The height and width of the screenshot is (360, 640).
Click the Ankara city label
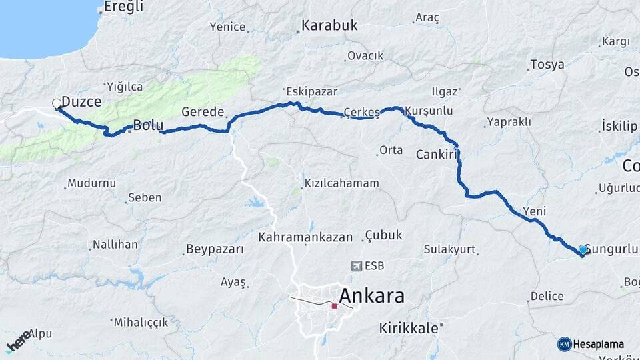click(371, 295)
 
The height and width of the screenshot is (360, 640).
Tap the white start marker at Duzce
click(57, 103)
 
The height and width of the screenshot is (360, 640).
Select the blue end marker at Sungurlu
click(583, 250)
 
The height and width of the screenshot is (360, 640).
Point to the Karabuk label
click(329, 26)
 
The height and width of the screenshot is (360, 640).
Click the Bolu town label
click(148, 125)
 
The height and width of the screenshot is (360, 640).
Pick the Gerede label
click(203, 112)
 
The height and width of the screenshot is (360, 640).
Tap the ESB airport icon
click(355, 266)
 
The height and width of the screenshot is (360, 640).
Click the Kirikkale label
click(409, 328)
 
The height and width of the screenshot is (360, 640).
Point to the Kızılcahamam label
click(341, 183)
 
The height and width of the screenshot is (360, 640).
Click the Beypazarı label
click(215, 249)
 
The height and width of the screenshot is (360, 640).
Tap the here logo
click(18, 341)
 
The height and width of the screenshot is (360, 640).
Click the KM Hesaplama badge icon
click(565, 344)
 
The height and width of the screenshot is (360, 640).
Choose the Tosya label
click(547, 65)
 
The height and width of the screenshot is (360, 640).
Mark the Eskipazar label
click(311, 91)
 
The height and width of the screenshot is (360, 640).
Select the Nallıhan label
click(115, 245)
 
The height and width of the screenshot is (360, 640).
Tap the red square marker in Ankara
click(334, 306)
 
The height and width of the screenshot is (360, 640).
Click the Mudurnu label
click(91, 183)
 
